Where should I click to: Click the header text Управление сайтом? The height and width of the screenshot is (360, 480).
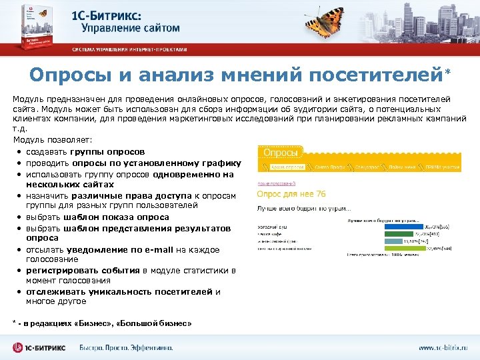[x=131, y=28]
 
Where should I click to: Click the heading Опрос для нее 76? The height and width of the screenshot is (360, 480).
[x=291, y=194]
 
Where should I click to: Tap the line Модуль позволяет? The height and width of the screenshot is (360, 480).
[x=53, y=139]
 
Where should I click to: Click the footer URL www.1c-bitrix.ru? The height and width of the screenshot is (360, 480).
[x=443, y=347]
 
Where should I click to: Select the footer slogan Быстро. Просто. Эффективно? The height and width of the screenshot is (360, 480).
[x=126, y=347]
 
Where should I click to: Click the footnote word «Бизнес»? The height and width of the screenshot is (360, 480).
[x=91, y=323]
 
